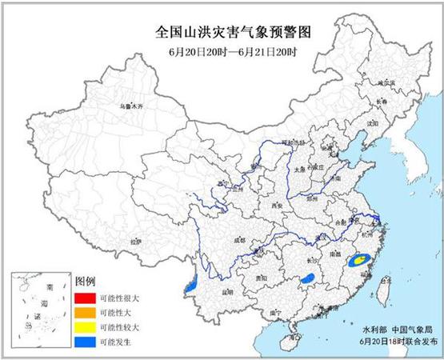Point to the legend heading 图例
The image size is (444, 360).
(x=85, y=282)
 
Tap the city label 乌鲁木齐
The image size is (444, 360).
(x=130, y=106)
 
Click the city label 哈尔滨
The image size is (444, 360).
(x=386, y=82)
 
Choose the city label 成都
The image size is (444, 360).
(x=239, y=238)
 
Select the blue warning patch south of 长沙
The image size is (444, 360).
(x=306, y=279)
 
